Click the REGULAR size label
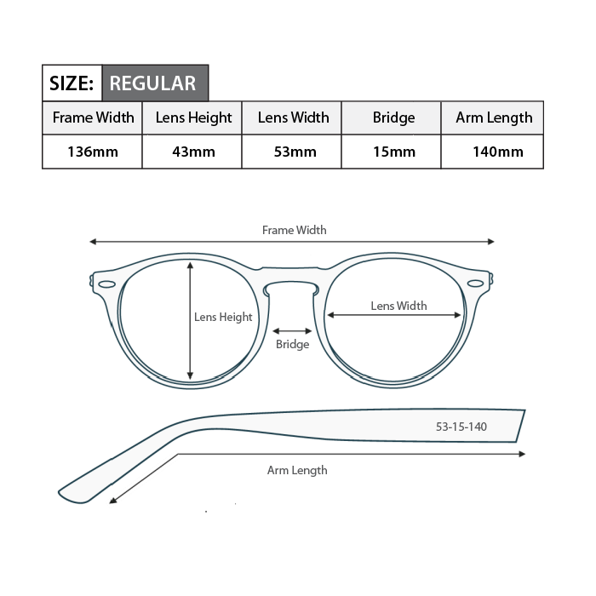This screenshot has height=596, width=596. click(x=152, y=83)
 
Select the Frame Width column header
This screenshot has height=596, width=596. click(x=93, y=117)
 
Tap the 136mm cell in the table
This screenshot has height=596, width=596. click(x=93, y=152)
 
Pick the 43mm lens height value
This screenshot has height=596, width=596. click(x=193, y=152)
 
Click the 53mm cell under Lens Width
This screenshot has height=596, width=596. click(x=295, y=152)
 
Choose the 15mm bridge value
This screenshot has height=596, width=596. click(x=394, y=152)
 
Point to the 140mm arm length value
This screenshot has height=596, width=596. click(x=498, y=152)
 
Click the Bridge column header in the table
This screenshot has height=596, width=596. click(x=393, y=117)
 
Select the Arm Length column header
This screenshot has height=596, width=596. click(x=494, y=117)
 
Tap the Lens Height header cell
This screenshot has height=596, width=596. click(x=193, y=117)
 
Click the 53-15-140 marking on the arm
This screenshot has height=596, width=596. click(x=461, y=427)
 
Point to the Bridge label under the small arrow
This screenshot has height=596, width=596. click(x=292, y=344)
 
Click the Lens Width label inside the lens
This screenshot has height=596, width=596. click(x=398, y=306)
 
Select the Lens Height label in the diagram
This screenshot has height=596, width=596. click(x=223, y=317)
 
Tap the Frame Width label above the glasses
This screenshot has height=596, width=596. click(x=295, y=230)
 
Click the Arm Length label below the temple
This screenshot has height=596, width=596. click(x=297, y=471)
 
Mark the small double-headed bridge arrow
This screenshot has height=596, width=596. click(x=292, y=331)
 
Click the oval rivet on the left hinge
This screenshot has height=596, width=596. click(x=106, y=284)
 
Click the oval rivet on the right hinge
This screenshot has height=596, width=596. click(x=475, y=284)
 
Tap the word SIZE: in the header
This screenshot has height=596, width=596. click(x=72, y=83)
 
